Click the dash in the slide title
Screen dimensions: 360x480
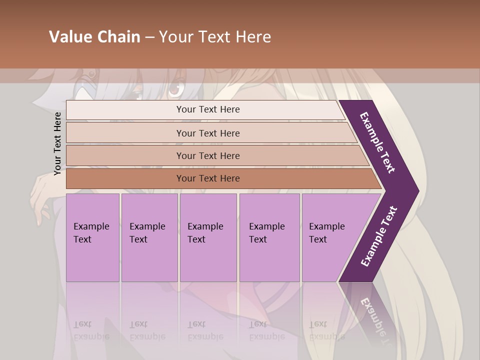(x=149, y=37)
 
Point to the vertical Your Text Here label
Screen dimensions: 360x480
(x=57, y=143)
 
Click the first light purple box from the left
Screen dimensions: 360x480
(x=92, y=237)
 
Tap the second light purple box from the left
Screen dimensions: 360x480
(x=149, y=237)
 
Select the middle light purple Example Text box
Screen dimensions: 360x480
(x=208, y=237)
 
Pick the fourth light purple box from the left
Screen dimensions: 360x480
(x=269, y=237)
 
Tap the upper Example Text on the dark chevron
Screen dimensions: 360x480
(x=378, y=142)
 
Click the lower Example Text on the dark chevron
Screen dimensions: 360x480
(x=379, y=236)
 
